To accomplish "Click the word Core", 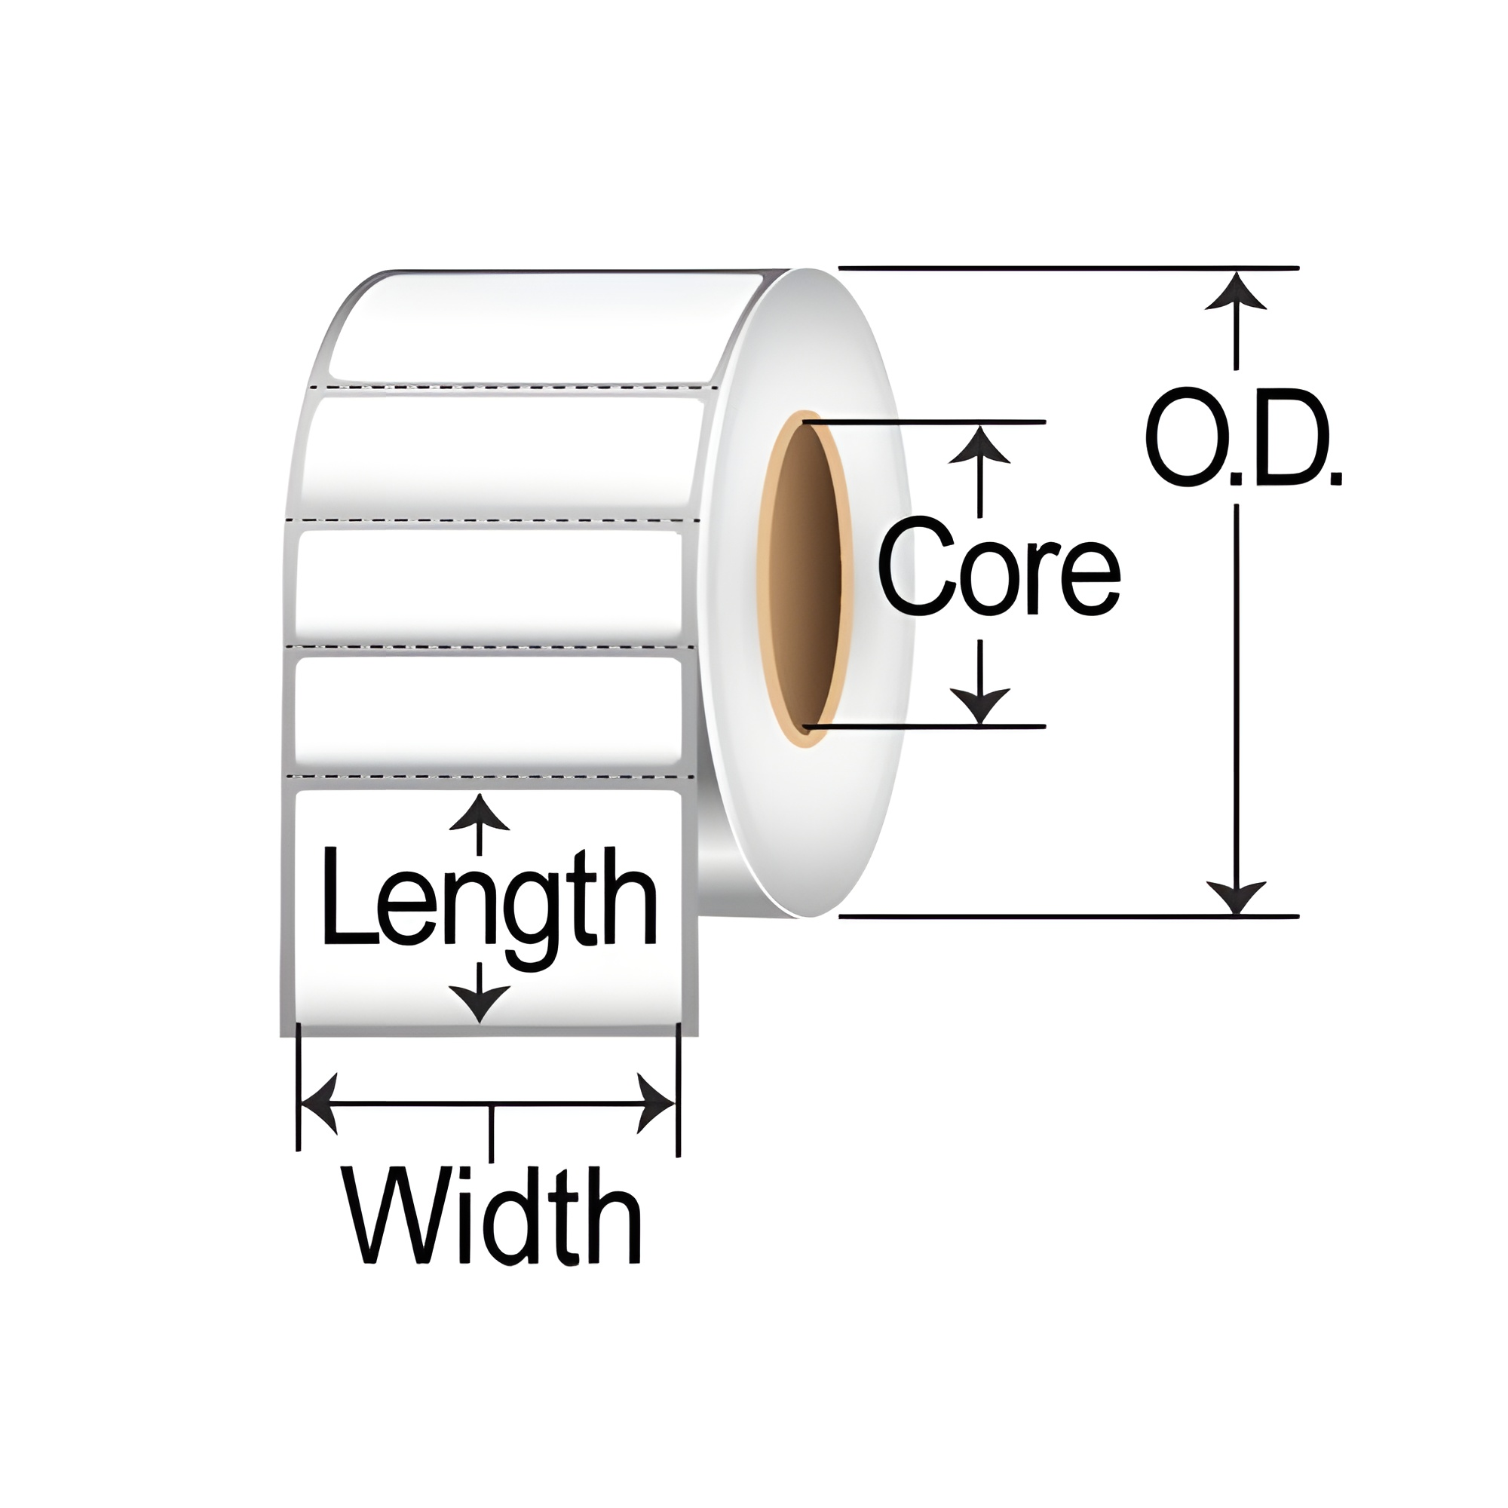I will [x=999, y=577].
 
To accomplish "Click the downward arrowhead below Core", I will [x=980, y=705].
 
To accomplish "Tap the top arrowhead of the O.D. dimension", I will [x=1235, y=292].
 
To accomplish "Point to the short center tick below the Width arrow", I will [x=490, y=1132].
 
